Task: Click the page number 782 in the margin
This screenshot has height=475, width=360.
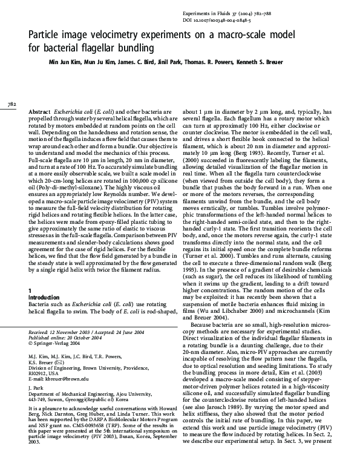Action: coord(11,105)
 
